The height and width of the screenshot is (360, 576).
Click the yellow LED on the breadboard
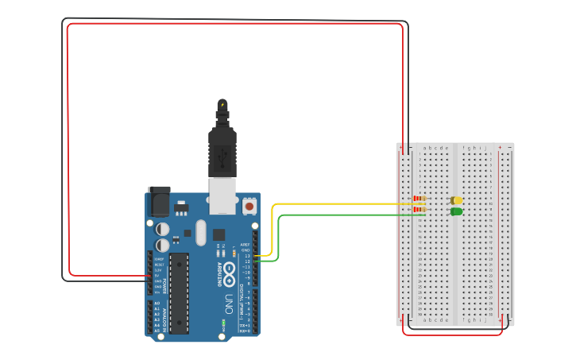(x=457, y=201)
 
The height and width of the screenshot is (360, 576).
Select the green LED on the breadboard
(x=457, y=211)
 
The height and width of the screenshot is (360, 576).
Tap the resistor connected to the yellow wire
(x=419, y=199)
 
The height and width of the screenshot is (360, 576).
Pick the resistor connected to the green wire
(x=419, y=209)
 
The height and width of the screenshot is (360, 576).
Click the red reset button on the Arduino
(x=249, y=206)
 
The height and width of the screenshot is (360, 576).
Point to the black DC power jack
(x=160, y=202)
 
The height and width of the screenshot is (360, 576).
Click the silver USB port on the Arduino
(x=223, y=196)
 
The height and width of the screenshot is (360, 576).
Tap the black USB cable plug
(x=222, y=151)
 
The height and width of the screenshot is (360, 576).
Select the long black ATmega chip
(x=180, y=292)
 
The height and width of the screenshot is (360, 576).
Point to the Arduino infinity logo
(x=228, y=270)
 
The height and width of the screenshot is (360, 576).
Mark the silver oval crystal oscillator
(x=199, y=232)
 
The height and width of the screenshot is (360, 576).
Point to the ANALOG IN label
(x=151, y=316)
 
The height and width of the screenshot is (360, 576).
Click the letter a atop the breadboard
(x=425, y=148)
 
